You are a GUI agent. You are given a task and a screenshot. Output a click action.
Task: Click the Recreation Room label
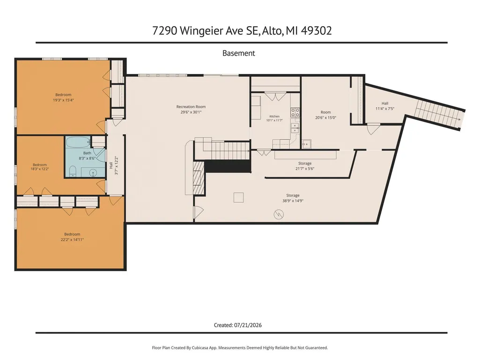(191, 109)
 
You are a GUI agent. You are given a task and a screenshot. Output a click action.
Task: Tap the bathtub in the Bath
(78, 142)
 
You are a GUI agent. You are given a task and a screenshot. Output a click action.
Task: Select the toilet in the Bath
(73, 171)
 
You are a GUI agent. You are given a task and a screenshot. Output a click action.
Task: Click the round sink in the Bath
(93, 173)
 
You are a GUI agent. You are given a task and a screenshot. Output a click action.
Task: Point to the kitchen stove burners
(295, 112)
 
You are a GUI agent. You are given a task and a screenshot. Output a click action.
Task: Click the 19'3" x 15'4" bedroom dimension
(63, 100)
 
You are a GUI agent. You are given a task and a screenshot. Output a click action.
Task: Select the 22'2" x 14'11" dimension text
(72, 240)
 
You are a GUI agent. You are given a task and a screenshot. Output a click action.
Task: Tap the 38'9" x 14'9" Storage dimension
(293, 201)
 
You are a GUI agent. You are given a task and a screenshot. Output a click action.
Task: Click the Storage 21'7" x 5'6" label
(305, 166)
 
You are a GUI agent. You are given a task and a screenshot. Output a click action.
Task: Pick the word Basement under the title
(239, 53)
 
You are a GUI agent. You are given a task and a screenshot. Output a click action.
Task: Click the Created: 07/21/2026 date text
(238, 325)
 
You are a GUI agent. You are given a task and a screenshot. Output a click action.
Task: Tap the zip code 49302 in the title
(317, 30)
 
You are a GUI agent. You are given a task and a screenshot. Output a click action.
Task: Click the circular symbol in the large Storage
(279, 214)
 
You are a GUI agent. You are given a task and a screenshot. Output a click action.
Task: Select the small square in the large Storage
(238, 198)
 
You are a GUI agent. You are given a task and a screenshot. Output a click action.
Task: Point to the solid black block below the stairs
(228, 166)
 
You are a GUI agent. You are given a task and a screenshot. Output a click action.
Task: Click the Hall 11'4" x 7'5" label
(385, 106)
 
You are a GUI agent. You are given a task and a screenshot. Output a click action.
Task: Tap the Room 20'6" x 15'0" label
(326, 115)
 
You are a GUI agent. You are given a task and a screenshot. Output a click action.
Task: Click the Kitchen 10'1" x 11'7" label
(274, 118)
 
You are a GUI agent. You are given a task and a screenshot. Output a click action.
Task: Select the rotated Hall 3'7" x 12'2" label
(113, 166)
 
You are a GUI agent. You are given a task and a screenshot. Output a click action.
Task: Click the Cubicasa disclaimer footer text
(240, 348)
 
